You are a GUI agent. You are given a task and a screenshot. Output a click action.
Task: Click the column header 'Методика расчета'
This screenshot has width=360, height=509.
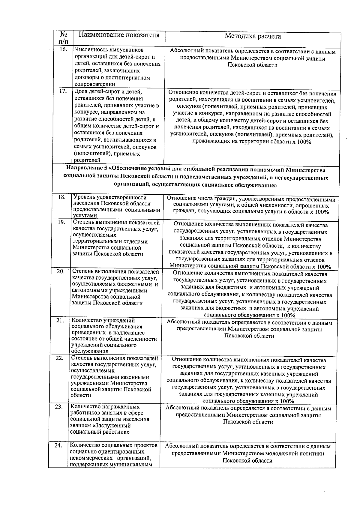tap(253, 36)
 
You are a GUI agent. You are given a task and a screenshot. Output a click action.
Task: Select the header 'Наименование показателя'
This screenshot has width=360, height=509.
tap(119, 35)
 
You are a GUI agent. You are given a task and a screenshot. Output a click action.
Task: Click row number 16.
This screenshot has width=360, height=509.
tap(63, 49)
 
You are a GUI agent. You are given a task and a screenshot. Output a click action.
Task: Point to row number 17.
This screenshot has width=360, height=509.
tap(63, 91)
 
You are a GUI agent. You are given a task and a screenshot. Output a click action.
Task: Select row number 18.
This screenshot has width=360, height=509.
tap(61, 197)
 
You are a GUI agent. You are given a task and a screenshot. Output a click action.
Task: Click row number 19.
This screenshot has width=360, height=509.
tap(61, 222)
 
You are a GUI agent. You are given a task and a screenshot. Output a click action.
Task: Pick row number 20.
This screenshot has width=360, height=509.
tap(61, 271)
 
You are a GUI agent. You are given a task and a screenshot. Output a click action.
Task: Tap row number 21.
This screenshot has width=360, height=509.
tap(60, 320)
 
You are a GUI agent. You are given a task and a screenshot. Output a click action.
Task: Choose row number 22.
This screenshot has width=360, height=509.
tap(60, 358)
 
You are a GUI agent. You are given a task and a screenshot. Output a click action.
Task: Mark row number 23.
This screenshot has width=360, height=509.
tap(59, 407)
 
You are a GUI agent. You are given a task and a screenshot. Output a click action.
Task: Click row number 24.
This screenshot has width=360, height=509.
tap(58, 445)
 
